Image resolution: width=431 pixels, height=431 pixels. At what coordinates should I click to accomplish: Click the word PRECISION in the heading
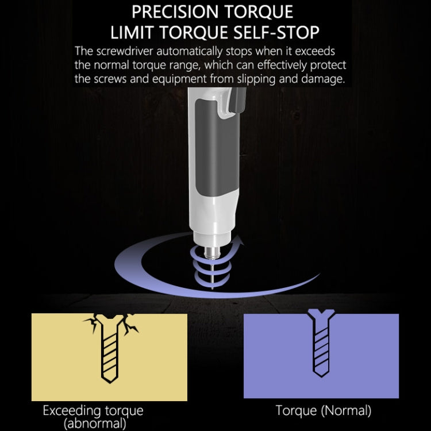point(175,12)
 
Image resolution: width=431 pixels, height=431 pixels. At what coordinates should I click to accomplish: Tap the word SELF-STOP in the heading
point(276,32)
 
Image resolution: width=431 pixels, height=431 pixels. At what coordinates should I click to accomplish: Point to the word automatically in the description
point(190,52)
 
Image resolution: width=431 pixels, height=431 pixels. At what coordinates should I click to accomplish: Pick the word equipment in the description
point(179,79)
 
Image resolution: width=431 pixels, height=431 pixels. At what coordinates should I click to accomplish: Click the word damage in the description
point(323,79)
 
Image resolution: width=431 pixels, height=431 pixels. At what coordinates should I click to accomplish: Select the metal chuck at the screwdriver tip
point(213,252)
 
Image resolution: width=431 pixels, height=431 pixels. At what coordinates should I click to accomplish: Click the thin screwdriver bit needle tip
point(212,287)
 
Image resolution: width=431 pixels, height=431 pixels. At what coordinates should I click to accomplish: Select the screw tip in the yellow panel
point(110,380)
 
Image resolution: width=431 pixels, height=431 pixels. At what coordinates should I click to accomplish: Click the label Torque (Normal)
point(323,410)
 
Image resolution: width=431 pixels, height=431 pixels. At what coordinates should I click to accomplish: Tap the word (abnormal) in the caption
point(95,424)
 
